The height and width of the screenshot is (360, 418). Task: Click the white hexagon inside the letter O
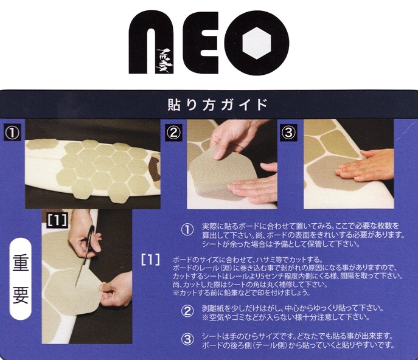click(257, 43)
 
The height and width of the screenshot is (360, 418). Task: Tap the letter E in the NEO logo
click(201, 43)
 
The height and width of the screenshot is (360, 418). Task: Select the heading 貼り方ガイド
click(217, 105)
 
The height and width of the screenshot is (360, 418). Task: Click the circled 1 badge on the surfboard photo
click(12, 133)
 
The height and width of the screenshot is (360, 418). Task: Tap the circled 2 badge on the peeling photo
click(174, 133)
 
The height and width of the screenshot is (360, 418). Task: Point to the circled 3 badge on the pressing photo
click(289, 133)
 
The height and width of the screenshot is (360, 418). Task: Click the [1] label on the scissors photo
click(57, 220)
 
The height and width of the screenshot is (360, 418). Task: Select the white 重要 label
click(21, 279)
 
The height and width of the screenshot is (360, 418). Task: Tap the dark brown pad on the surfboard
click(154, 169)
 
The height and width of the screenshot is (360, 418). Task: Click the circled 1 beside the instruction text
click(187, 230)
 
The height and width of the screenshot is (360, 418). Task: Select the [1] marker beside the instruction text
click(151, 260)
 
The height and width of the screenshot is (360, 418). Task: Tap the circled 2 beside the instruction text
click(187, 311)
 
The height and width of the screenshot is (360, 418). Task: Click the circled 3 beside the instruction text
click(187, 340)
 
